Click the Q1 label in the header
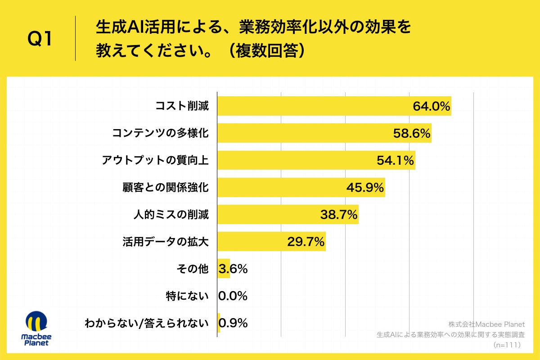coord(40,40)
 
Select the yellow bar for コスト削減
coord(315,107)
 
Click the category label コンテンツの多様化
coord(160,134)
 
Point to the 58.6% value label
coord(412,134)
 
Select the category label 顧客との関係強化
coord(166,188)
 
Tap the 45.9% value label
coord(365,188)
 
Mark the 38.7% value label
coord(339,215)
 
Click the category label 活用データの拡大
coord(166,242)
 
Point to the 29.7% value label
coord(306,242)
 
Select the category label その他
coord(193,269)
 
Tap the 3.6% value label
coord(233,269)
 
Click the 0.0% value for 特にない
coord(233,296)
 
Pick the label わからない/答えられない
coord(147,323)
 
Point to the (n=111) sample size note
coord(507,345)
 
